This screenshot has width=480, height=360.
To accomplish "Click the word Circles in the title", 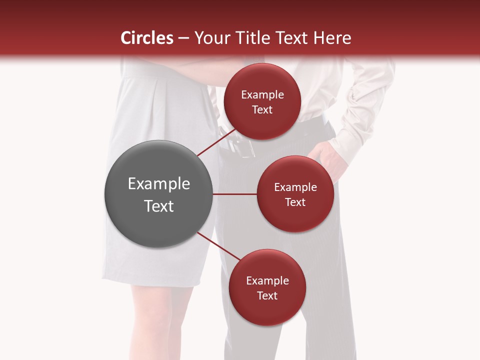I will pos(147,38).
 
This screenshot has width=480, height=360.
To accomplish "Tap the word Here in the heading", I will pos(332,38).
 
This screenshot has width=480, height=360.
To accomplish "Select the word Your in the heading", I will pos(212,38).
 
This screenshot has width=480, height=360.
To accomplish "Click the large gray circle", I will pos(158,194).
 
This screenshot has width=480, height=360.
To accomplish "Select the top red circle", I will pos(262,101).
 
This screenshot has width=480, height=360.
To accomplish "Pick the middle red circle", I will pos(295,194).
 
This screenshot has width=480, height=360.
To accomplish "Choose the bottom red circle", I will pos(267,287).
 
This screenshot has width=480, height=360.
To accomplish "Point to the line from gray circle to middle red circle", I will pos(234,194).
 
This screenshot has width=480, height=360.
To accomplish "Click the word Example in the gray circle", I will pos(158,184).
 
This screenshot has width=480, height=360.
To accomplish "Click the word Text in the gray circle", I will pos(158,206).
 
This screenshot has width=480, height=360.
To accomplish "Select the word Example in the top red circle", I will pos(262,94).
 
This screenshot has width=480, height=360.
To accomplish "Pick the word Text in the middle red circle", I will pos(295,202).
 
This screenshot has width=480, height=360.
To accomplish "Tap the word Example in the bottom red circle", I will pos(267,280).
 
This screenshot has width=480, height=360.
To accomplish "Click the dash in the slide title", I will pos(183,38).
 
